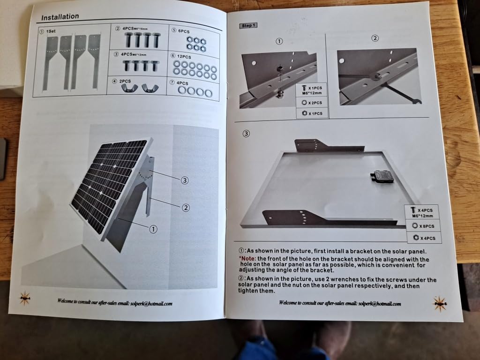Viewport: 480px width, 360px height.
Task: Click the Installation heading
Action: [60, 17]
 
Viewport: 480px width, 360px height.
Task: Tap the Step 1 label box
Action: [248, 25]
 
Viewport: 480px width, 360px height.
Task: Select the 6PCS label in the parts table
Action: [184, 31]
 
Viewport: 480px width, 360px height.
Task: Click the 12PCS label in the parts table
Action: [184, 57]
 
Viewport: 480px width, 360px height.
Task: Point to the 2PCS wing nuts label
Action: [125, 81]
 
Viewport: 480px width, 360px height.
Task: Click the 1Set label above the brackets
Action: [51, 31]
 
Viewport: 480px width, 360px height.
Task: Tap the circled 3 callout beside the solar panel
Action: [185, 180]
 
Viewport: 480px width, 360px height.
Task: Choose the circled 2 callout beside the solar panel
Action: [186, 208]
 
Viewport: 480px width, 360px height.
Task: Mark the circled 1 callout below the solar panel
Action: [153, 229]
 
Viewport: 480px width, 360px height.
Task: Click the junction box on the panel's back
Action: [382, 176]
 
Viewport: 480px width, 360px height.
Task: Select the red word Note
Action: [248, 259]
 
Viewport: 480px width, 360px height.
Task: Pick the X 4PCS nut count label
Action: [427, 238]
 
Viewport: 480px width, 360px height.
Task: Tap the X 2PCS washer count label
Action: [315, 103]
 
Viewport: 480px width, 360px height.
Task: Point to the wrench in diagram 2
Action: [402, 93]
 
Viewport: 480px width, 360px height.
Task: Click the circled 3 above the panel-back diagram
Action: [246, 134]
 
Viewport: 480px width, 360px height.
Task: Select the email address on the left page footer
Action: [151, 304]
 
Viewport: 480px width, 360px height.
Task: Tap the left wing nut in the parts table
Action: [127, 88]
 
